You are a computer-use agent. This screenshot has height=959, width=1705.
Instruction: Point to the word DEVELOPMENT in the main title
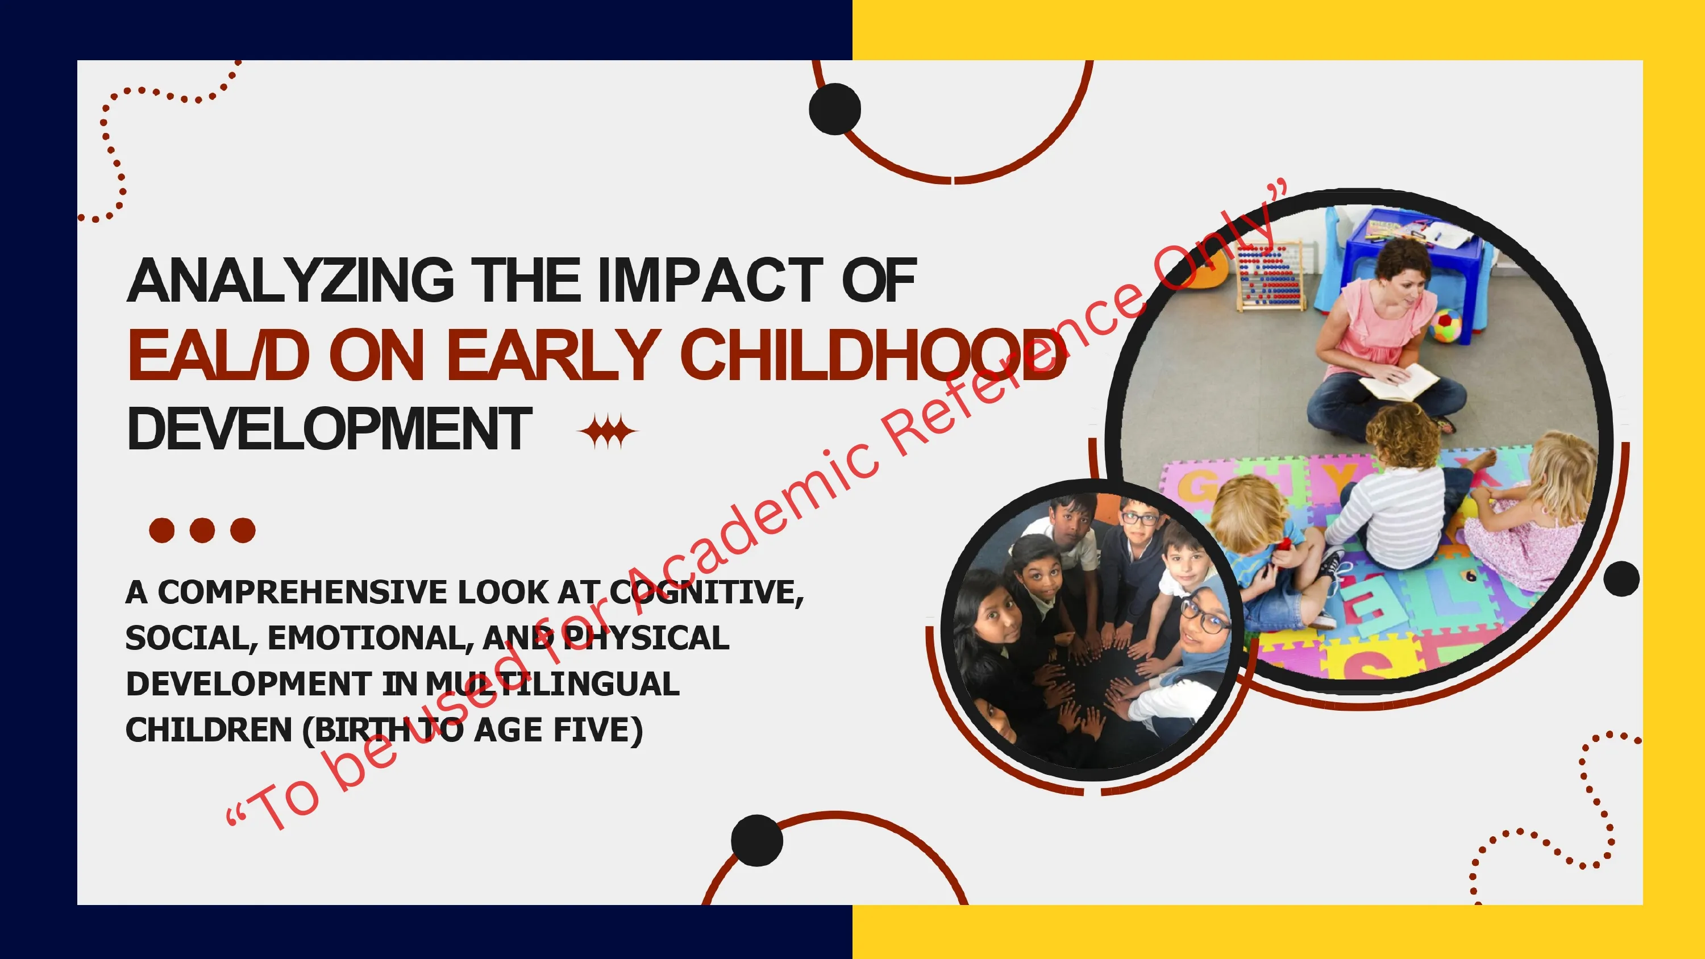point(330,429)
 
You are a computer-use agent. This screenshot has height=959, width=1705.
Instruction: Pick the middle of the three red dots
point(202,530)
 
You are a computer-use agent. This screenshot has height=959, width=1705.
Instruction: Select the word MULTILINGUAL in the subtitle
point(552,683)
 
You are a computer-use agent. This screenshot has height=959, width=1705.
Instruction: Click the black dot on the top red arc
point(835,109)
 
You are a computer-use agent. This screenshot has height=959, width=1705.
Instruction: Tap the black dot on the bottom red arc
point(757,840)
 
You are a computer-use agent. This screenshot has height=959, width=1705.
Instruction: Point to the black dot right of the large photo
point(1621,578)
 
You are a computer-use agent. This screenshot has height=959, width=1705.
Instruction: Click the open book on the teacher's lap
point(1398,382)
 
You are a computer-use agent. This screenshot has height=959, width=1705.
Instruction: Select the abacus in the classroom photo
point(1270,276)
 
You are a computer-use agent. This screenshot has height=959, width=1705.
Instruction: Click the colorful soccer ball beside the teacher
point(1446,326)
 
